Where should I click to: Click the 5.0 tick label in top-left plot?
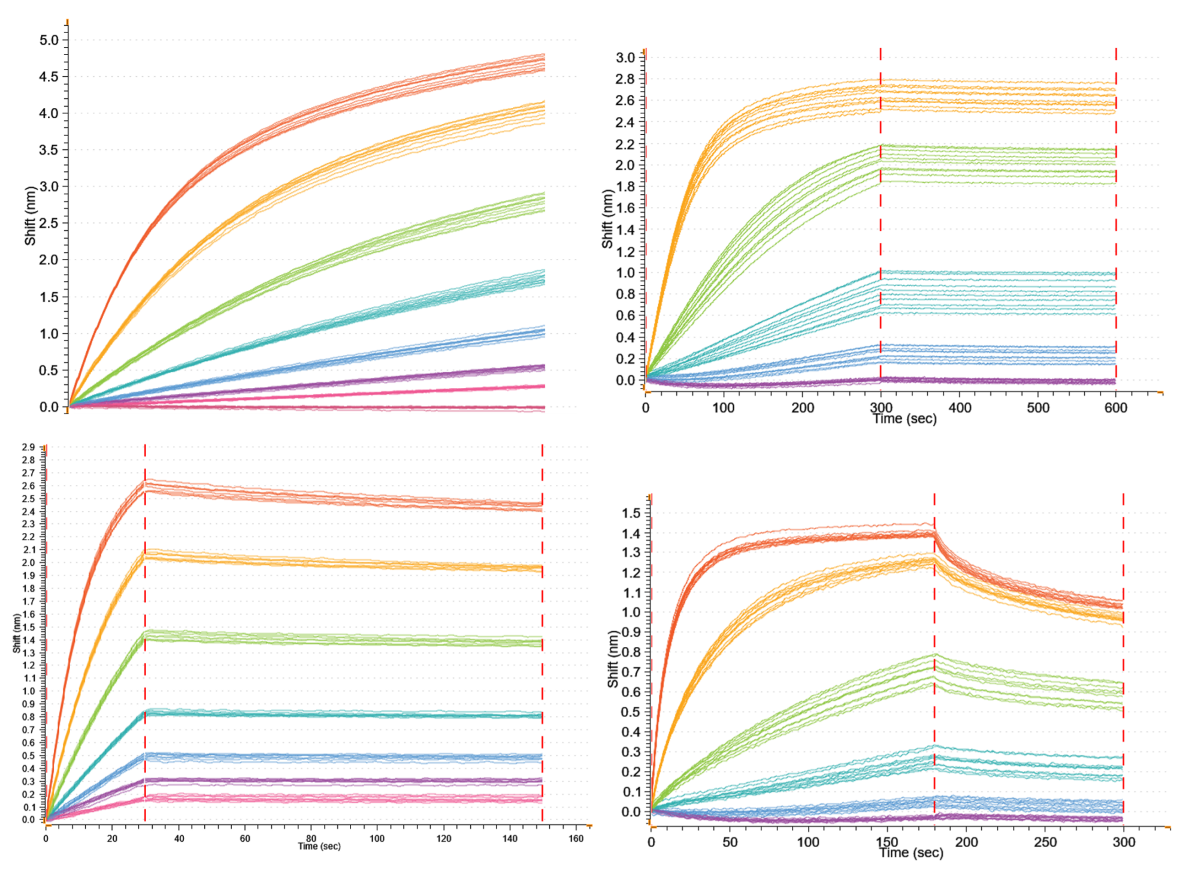coord(49,40)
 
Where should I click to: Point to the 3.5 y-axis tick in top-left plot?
coord(49,150)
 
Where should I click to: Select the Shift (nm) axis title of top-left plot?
coord(30,216)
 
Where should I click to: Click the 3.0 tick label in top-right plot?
coord(625,58)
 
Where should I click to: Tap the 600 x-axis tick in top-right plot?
coord(1115,408)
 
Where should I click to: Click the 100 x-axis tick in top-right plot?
coord(723,408)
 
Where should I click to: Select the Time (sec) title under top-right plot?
coord(904,419)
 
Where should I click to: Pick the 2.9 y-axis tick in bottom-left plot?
coord(28,447)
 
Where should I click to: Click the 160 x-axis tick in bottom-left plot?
coord(576,839)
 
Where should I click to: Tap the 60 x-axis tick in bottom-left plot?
coord(245,839)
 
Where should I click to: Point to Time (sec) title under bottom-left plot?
coord(319,846)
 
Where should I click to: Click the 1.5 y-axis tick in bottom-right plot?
coord(631,513)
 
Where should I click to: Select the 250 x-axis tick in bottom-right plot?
coord(1045,842)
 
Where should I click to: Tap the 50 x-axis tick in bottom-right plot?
coord(730,842)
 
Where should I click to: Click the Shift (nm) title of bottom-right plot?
coord(612,659)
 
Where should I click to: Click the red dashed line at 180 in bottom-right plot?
coord(934,659)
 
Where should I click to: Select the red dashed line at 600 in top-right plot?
coord(1116,222)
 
